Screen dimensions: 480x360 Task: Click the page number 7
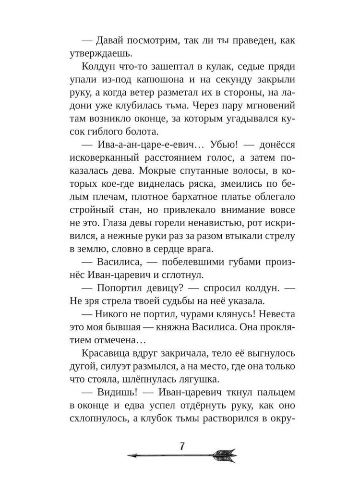pos(182,445)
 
